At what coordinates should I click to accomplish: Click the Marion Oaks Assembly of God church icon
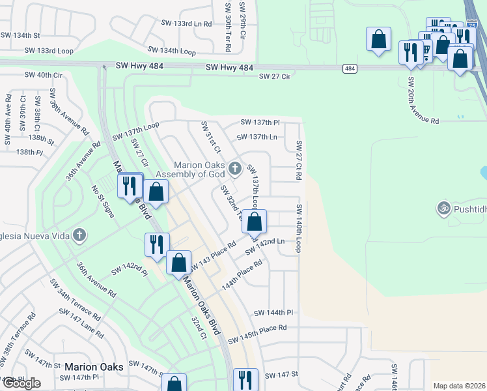235,169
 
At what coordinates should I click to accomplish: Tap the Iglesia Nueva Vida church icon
79,235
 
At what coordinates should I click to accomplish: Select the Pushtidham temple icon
445,209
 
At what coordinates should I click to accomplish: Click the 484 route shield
350,68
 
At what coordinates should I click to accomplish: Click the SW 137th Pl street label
260,123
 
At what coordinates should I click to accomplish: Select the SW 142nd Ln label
265,246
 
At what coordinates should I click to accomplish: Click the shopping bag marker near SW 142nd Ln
255,222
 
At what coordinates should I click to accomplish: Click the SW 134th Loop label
171,50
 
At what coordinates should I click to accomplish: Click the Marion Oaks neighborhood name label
94,368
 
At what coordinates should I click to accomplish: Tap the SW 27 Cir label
274,77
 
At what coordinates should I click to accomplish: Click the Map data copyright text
460,386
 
